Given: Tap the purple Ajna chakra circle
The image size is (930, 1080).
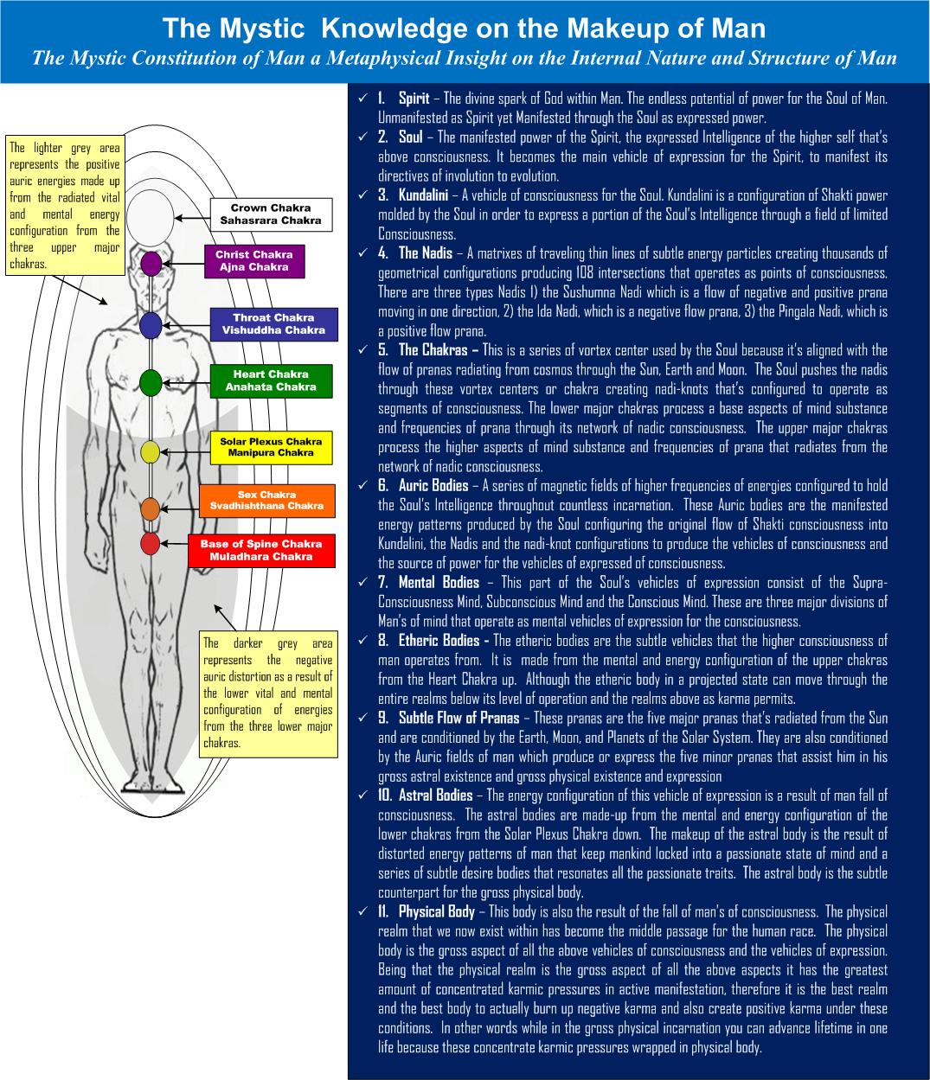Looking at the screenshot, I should [151, 263].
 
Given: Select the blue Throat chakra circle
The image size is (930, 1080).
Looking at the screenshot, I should [151, 325].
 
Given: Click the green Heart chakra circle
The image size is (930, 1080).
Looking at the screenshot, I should [151, 381].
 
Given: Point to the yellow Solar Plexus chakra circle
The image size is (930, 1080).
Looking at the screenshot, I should [151, 451].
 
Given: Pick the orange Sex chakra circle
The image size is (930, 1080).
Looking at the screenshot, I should [151, 509].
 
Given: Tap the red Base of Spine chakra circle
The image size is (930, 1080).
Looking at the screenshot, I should [151, 543].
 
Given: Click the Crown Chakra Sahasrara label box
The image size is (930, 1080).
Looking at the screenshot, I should [271, 214].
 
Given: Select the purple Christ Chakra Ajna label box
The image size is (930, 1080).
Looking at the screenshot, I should [253, 261].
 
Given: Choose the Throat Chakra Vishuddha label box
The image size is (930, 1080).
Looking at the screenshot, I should [273, 324].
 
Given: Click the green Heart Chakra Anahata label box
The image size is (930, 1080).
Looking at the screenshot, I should [271, 380].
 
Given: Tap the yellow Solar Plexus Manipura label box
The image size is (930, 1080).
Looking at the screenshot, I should [271, 447].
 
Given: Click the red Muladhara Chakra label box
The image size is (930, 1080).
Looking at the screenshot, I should [260, 551].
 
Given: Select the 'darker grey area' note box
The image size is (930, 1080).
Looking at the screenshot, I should [267, 694].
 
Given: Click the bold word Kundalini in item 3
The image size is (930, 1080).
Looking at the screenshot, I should [422, 195].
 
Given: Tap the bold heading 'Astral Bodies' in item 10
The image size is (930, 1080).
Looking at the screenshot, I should [435, 796].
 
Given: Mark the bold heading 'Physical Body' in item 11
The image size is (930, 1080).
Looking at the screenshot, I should [436, 911].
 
